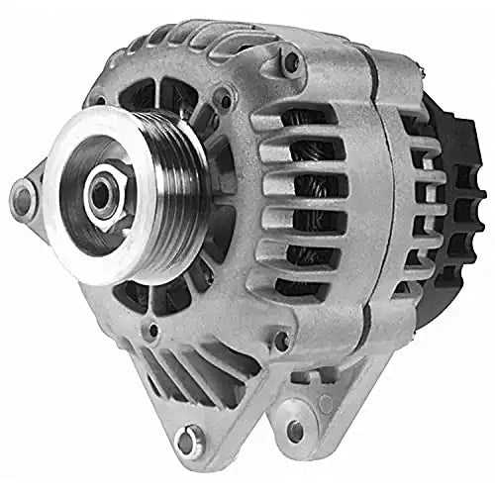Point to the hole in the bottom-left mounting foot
[x=186, y=436]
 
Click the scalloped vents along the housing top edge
[x=198, y=45]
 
